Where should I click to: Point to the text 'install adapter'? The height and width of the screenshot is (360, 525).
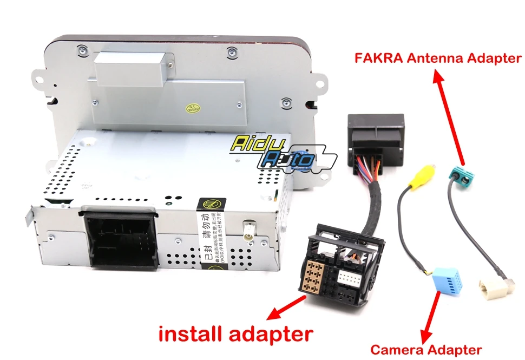coord(235,332)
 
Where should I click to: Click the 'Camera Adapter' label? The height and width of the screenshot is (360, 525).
coord(425,350)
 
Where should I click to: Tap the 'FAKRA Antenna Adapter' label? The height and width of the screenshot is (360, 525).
coord(438,58)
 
